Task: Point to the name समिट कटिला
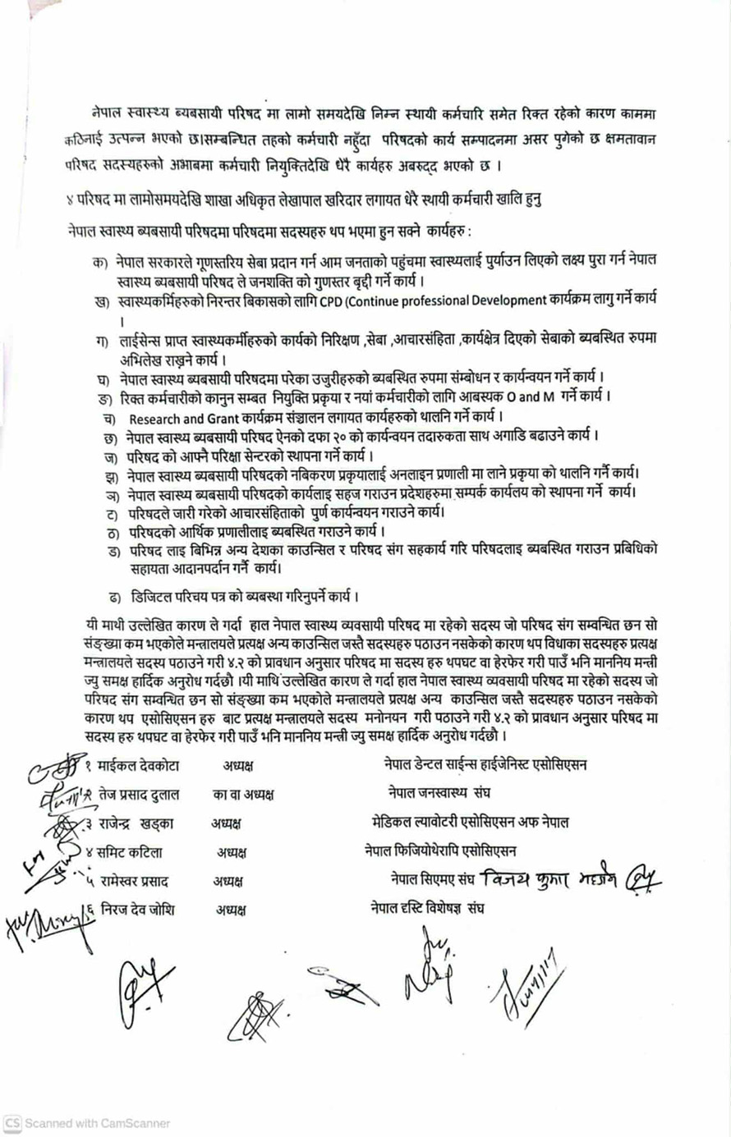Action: click(x=131, y=852)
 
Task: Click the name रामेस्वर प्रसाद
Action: click(x=135, y=882)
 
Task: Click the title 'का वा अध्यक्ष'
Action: click(x=243, y=795)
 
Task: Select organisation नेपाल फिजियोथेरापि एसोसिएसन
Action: click(x=440, y=851)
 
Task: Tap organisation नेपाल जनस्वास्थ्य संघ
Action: click(x=439, y=794)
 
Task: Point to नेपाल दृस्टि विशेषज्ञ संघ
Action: click(x=427, y=910)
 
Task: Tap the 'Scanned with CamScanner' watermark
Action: click(x=87, y=1123)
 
